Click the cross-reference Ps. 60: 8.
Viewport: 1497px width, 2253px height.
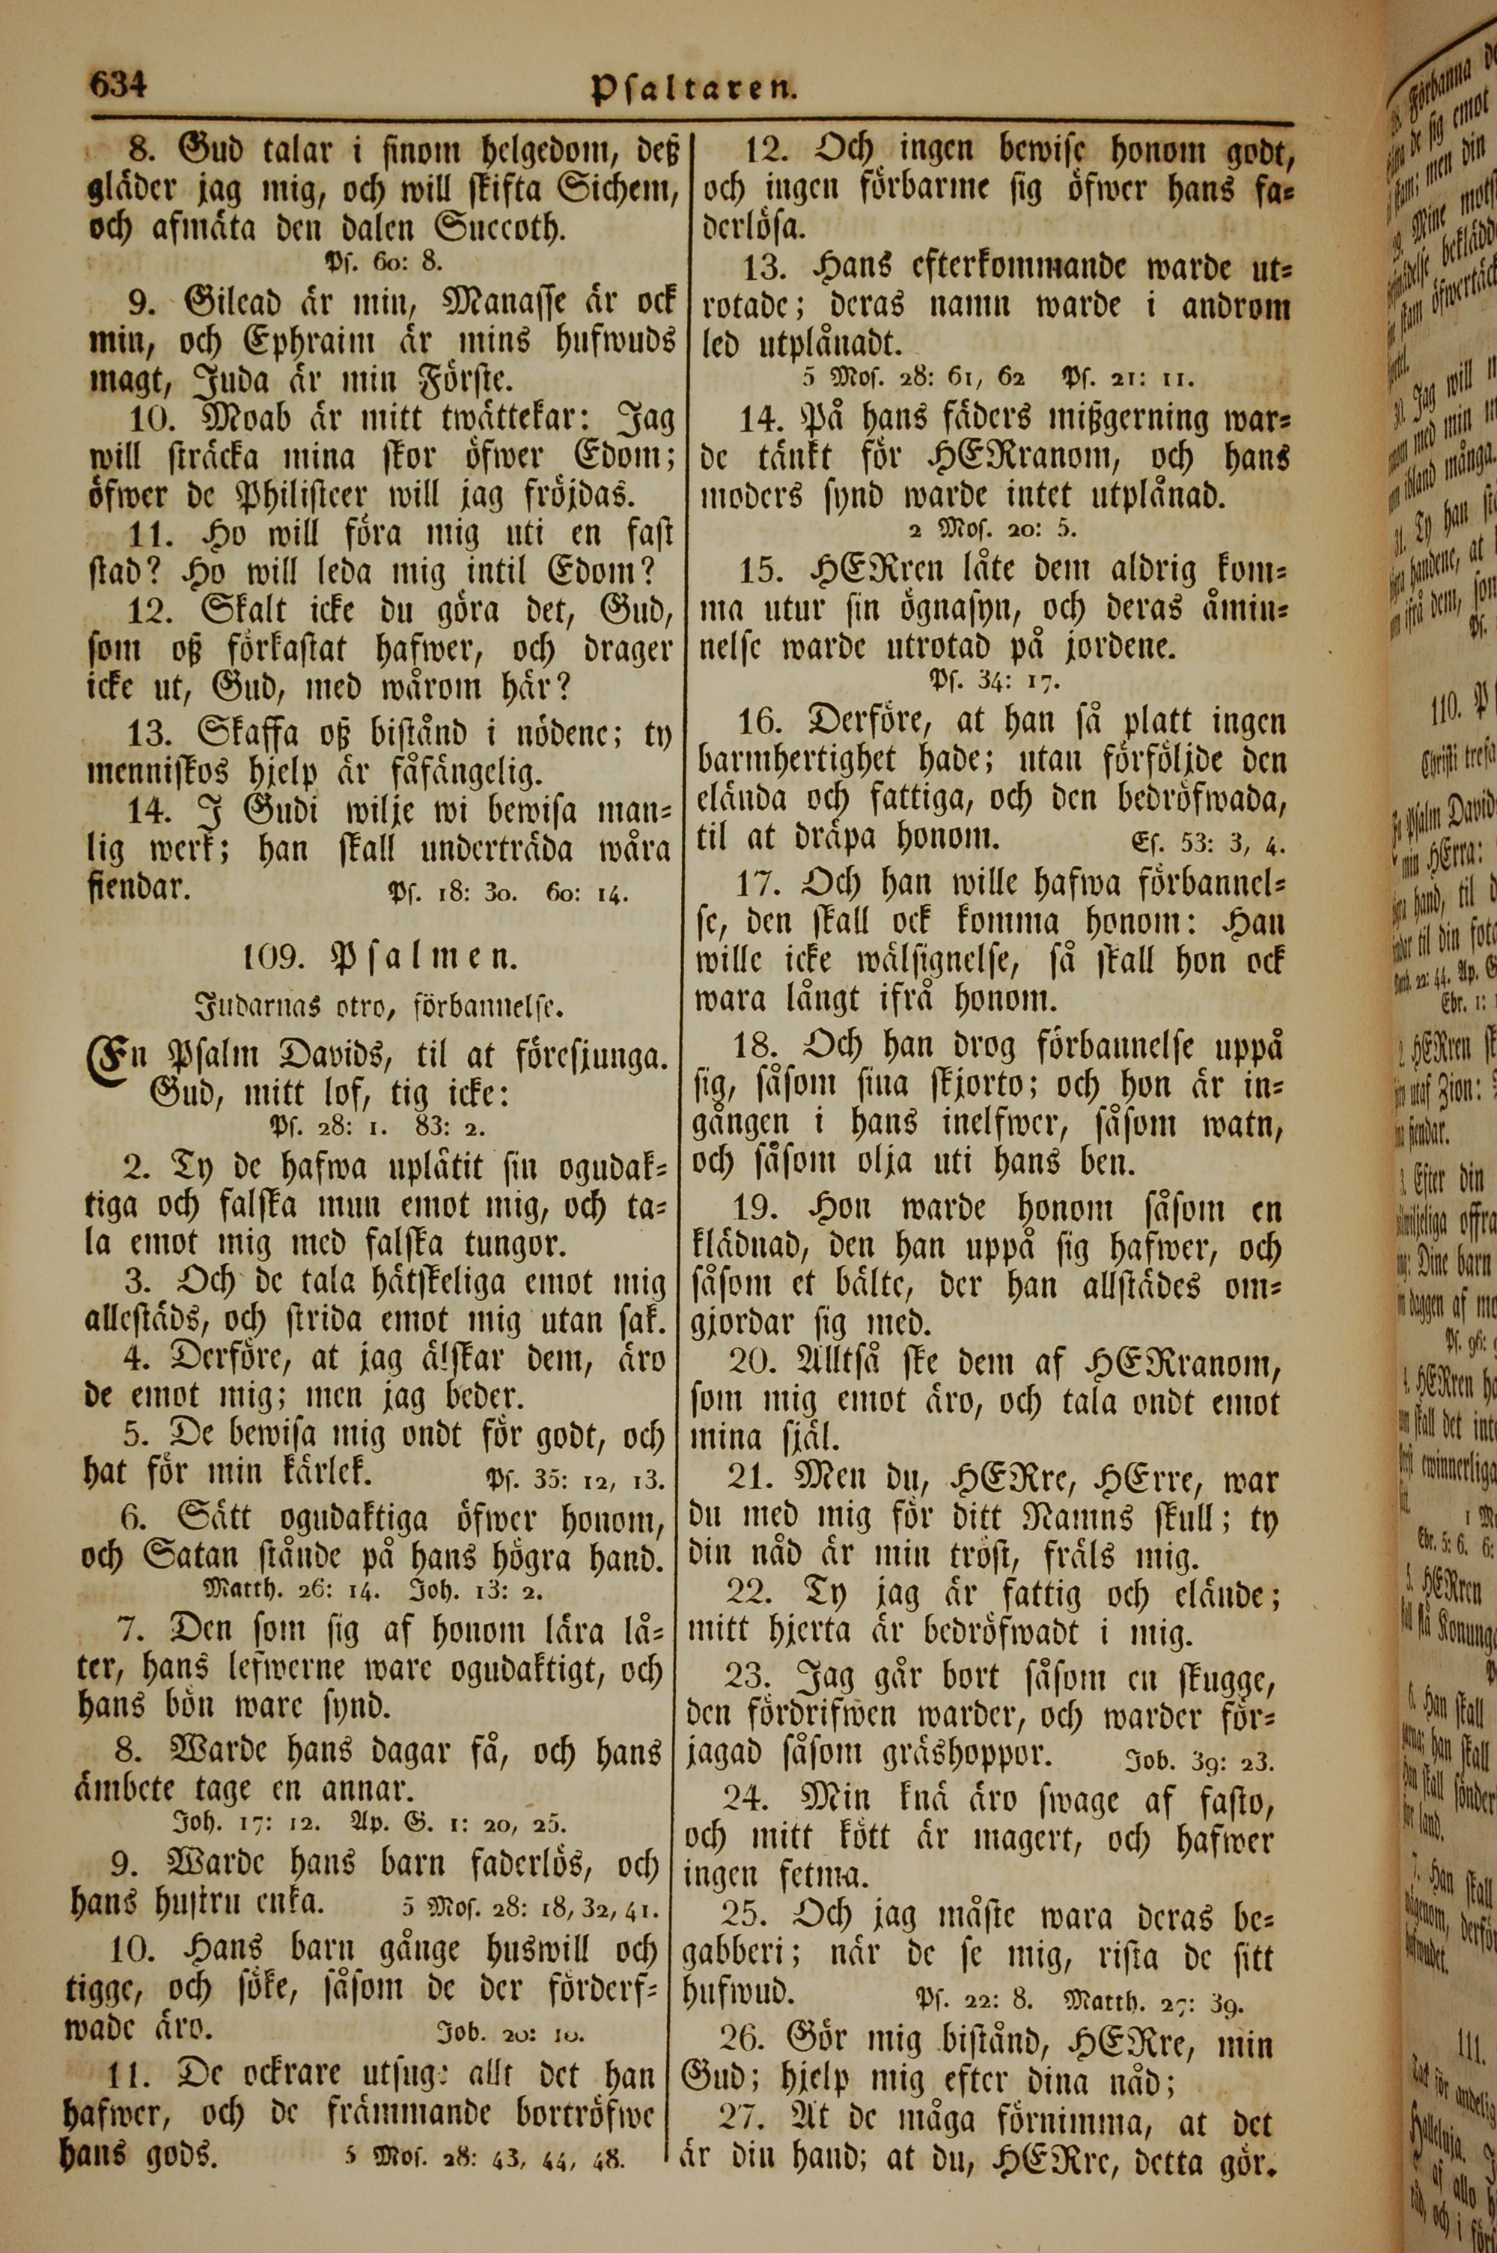point(382,261)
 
